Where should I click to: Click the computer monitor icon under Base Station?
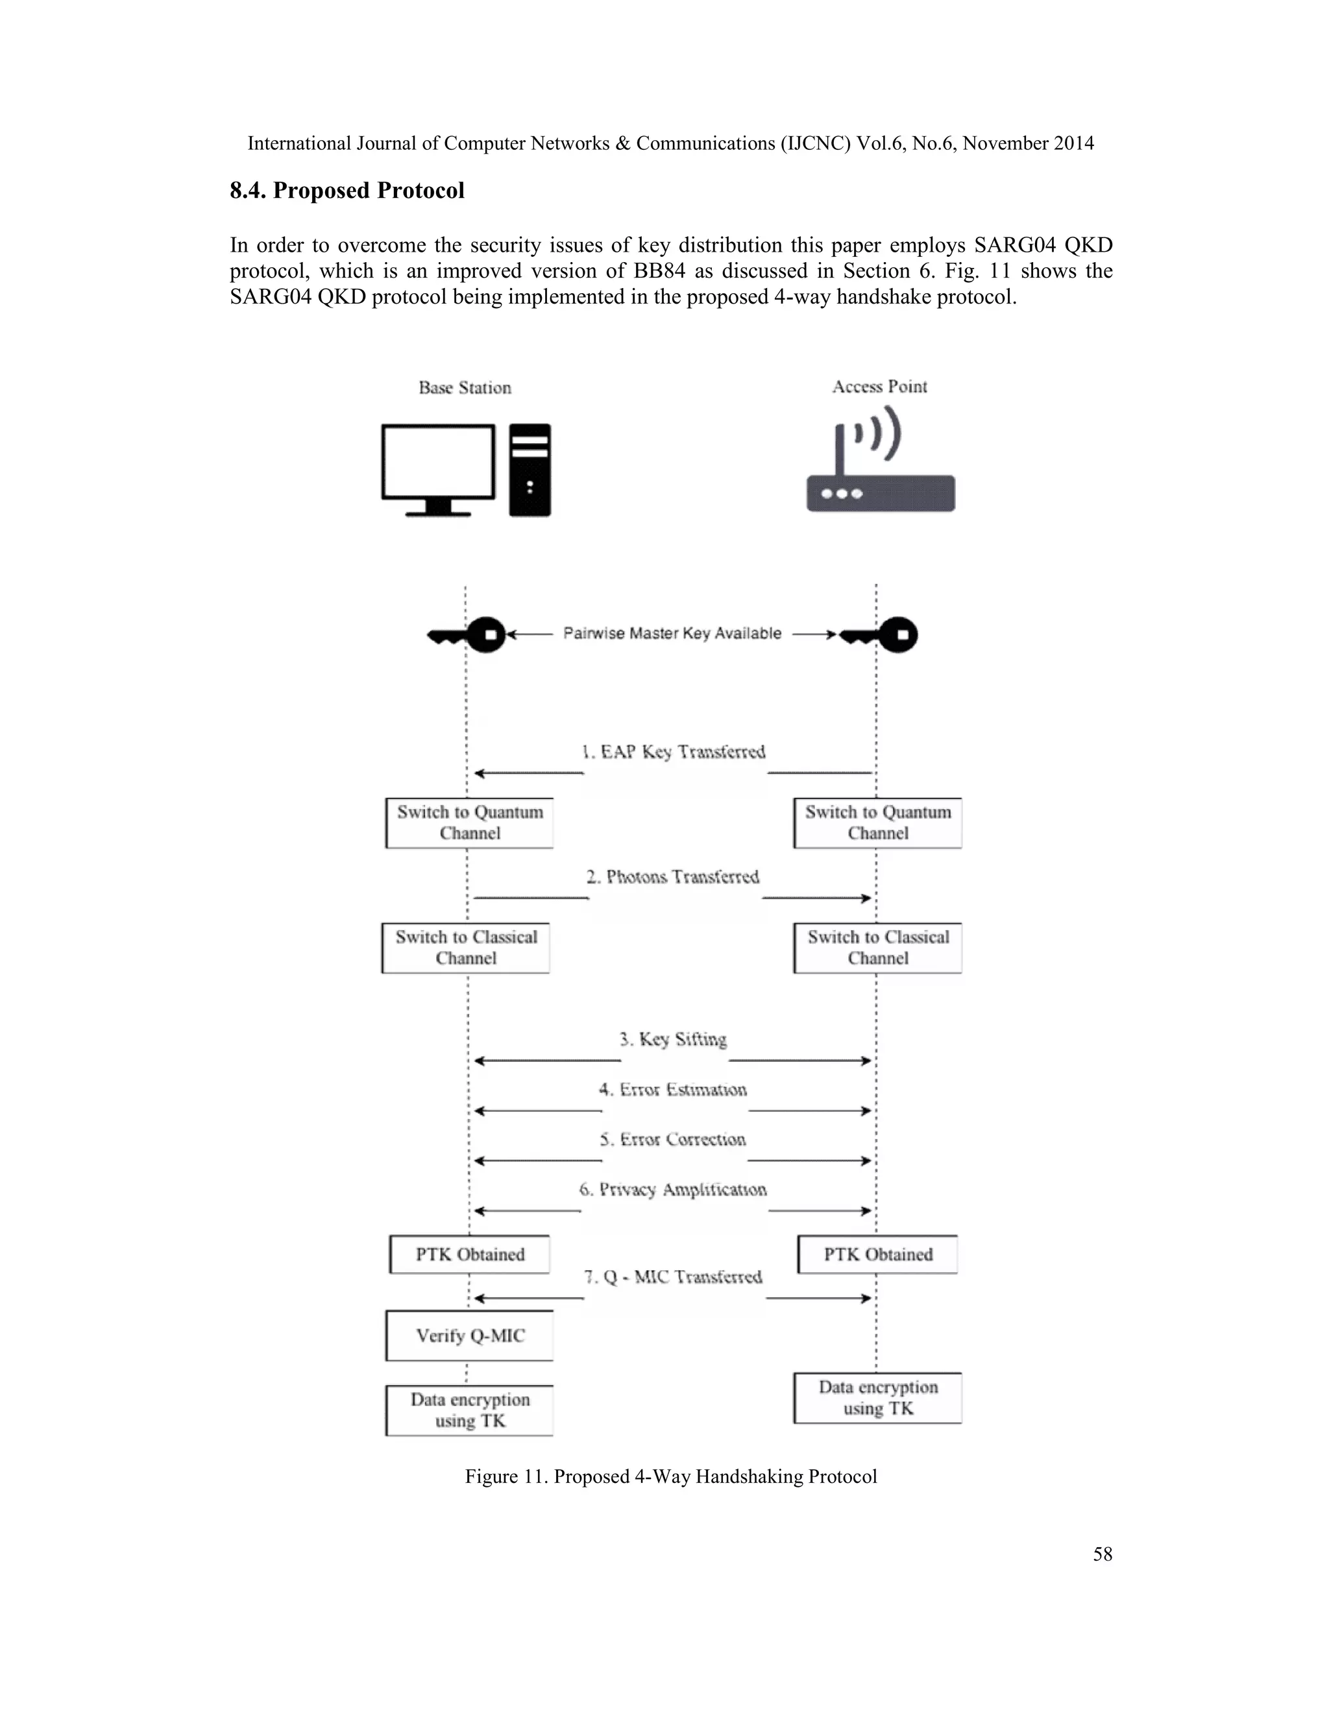click(438, 468)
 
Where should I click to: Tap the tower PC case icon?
click(530, 470)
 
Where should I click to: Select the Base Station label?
click(465, 387)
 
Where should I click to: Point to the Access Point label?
click(879, 387)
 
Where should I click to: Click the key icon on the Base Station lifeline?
click(469, 634)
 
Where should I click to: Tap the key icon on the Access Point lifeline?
click(880, 634)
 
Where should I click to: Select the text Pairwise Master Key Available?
click(672, 634)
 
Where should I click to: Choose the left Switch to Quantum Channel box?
click(469, 823)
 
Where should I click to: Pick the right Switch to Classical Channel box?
click(878, 948)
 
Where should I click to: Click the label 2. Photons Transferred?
click(673, 877)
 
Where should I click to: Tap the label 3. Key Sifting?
click(673, 1039)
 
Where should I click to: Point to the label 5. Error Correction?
click(673, 1139)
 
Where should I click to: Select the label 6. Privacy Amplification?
click(673, 1189)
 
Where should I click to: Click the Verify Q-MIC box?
click(469, 1336)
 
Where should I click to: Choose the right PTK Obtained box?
click(878, 1255)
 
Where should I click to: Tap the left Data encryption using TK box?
click(469, 1410)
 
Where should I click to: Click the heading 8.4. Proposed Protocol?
click(347, 191)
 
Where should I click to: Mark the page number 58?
click(1103, 1554)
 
